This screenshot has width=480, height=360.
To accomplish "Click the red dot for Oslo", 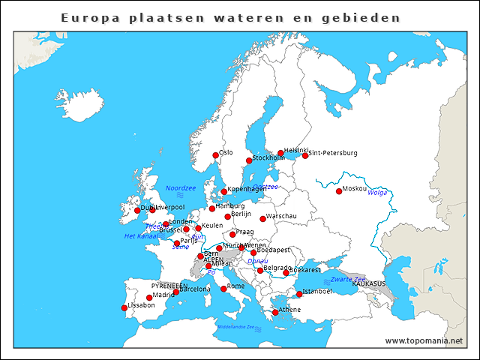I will [215, 155].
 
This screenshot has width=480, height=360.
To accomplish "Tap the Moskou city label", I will [355, 188].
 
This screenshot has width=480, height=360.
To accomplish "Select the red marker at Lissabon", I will [124, 307].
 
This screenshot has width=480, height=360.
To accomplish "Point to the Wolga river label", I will [377, 193].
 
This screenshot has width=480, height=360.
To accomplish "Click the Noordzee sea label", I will [180, 188].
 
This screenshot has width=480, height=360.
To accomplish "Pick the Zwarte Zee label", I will [348, 279].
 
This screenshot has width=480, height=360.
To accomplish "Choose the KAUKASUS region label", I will [368, 284].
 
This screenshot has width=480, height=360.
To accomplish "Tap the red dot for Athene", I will [275, 312].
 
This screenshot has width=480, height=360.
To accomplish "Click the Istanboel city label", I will [317, 291].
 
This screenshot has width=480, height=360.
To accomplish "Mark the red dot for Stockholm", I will [249, 160].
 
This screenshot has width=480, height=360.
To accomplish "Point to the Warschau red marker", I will [262, 219].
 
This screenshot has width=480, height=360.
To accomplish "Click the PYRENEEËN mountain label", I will [169, 286].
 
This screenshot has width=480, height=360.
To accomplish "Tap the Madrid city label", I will [163, 295].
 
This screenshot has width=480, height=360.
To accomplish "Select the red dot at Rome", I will [223, 288].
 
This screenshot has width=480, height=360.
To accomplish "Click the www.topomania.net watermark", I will [424, 340].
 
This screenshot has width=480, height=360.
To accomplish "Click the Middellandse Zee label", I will [235, 327].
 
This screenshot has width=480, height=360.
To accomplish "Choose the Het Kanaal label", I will [140, 236].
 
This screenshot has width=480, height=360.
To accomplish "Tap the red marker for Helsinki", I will [280, 153].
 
